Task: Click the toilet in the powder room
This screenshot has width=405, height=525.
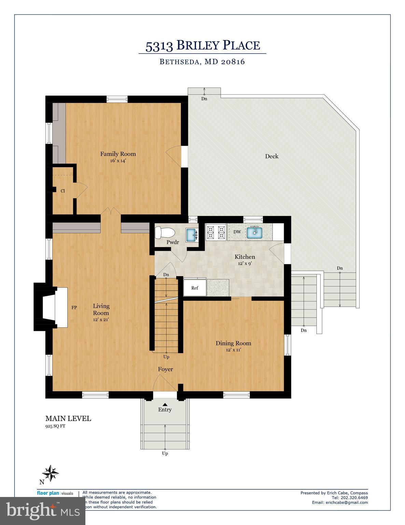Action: click(x=164, y=233)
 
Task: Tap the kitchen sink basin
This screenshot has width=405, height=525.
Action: click(x=254, y=232)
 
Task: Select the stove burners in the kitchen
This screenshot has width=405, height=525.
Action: click(x=216, y=232)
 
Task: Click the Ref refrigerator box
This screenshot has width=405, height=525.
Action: click(x=195, y=288)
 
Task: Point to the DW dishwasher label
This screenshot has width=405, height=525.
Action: click(x=237, y=232)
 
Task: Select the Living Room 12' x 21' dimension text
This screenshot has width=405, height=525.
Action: click(x=101, y=320)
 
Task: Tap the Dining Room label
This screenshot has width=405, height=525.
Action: click(x=233, y=343)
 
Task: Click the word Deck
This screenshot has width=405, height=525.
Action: click(x=272, y=156)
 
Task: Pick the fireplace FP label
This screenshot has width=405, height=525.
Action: click(x=74, y=307)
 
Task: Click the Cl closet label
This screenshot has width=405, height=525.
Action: click(x=63, y=191)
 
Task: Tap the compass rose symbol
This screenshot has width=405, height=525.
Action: click(x=51, y=473)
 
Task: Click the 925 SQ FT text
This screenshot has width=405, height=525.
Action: click(x=55, y=426)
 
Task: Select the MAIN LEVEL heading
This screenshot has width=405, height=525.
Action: click(x=68, y=418)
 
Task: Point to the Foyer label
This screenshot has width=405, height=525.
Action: click(x=165, y=369)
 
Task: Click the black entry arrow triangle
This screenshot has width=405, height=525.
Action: click(x=165, y=404)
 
